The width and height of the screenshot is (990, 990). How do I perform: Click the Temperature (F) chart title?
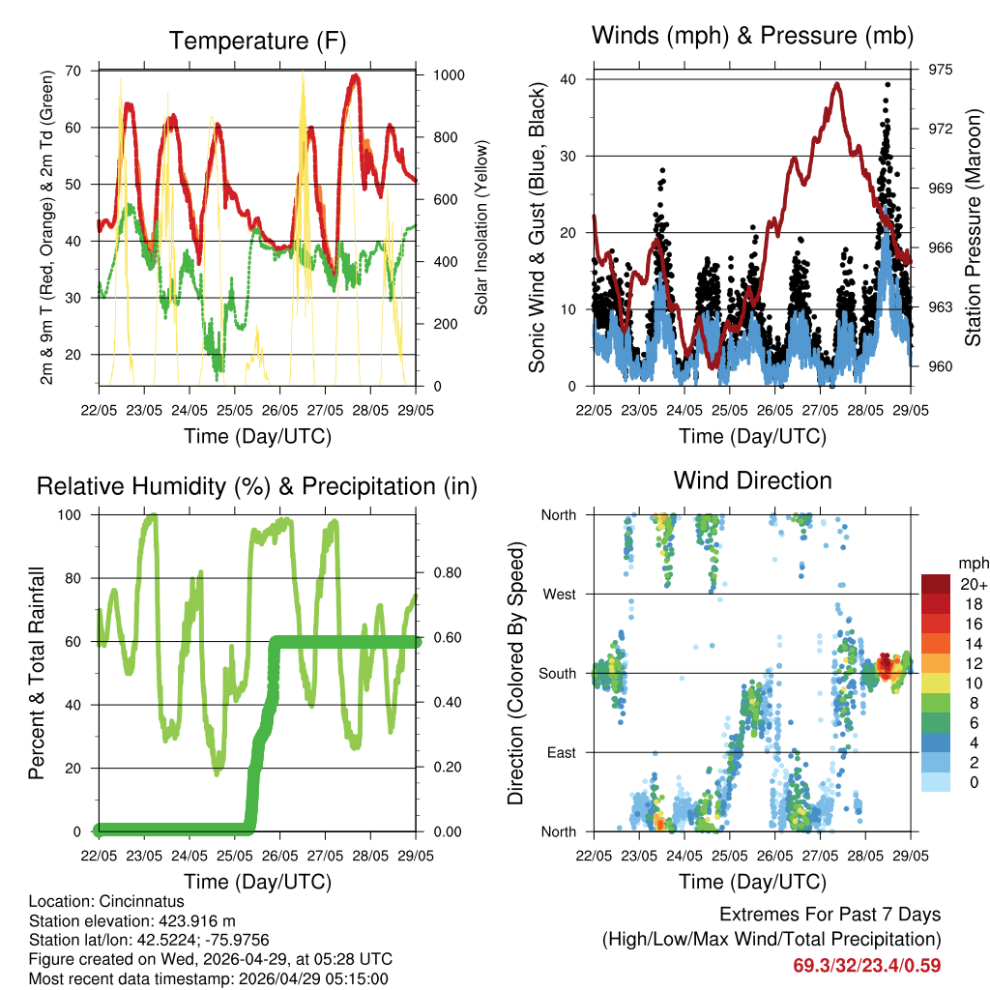click(x=257, y=42)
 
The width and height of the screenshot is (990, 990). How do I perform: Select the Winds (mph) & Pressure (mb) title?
click(x=753, y=37)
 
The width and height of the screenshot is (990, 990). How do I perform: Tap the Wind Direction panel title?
click(x=752, y=480)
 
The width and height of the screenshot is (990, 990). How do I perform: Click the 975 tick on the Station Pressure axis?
click(x=941, y=70)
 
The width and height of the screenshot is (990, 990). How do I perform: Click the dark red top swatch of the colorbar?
click(x=936, y=584)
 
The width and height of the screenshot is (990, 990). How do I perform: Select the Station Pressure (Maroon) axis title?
click(x=974, y=227)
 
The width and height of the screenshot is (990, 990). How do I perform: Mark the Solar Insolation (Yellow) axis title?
click(x=480, y=227)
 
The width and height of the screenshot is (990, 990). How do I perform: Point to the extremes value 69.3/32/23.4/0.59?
click(x=867, y=965)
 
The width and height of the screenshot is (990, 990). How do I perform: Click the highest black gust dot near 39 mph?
click(x=888, y=85)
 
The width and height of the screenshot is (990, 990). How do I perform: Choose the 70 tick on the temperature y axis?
click(x=73, y=71)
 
